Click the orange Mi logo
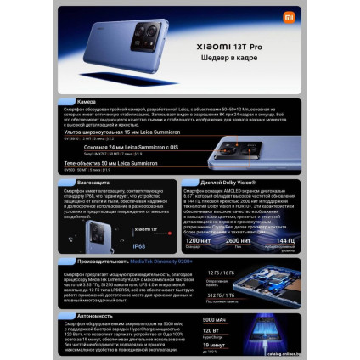click(x=290, y=15)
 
